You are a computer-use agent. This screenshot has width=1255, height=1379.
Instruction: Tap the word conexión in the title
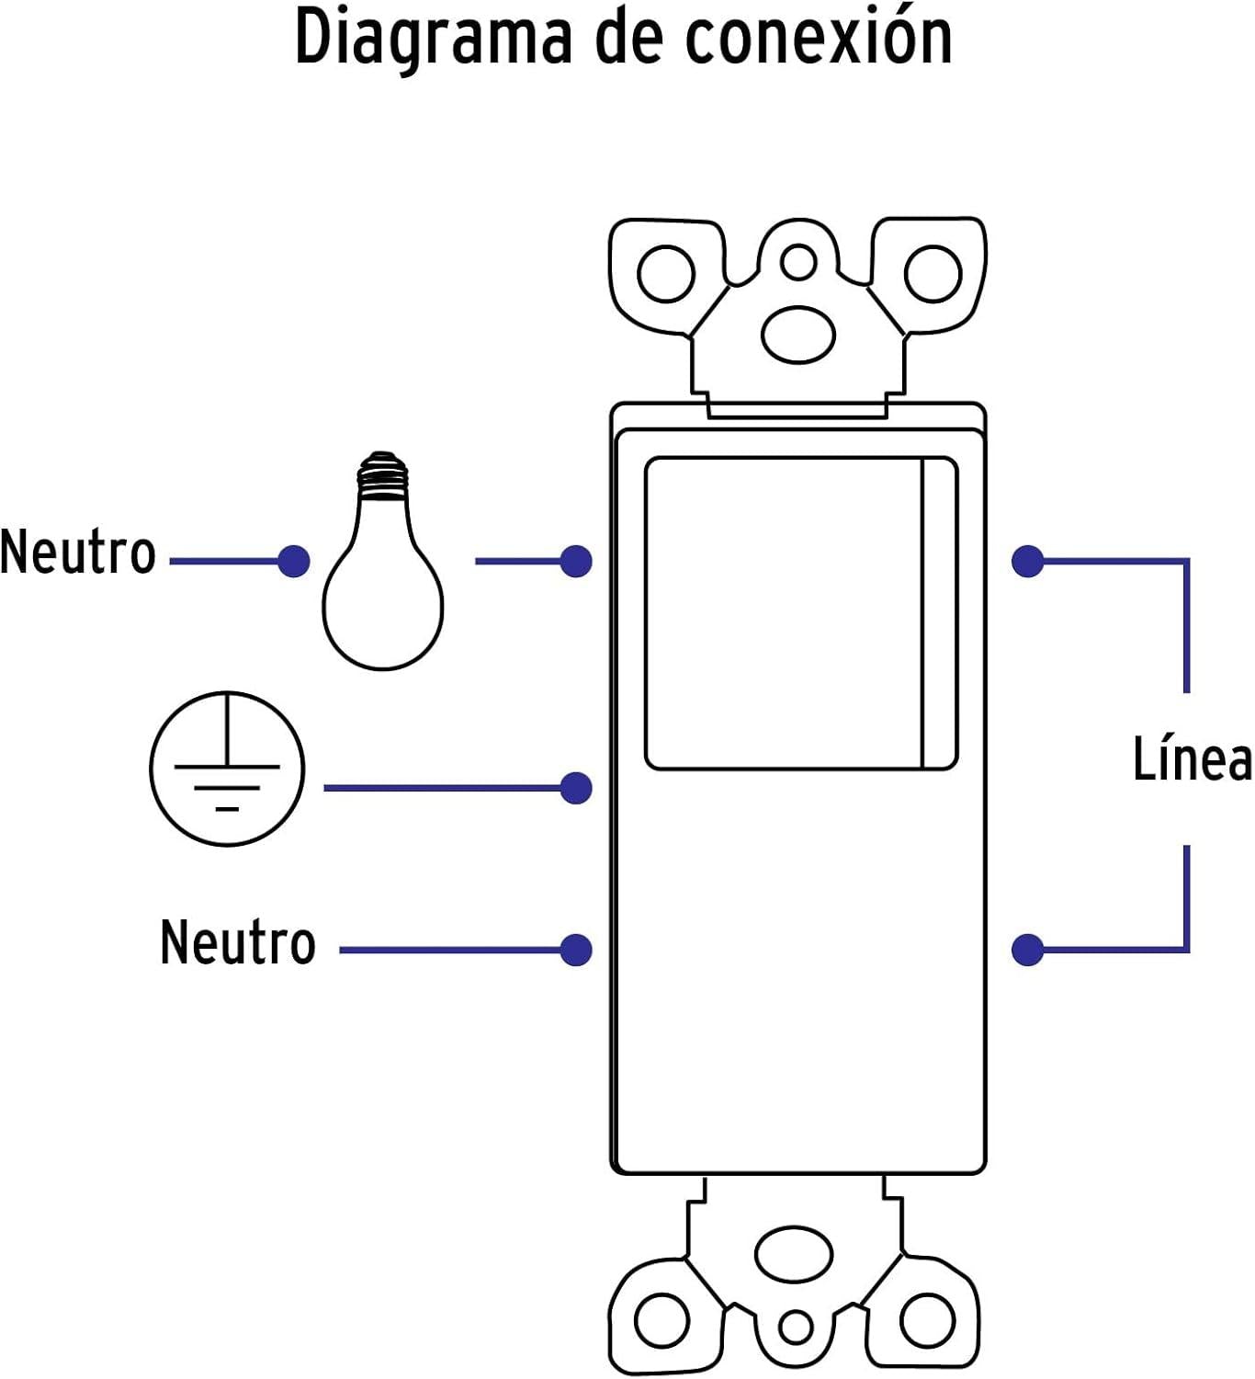(819, 39)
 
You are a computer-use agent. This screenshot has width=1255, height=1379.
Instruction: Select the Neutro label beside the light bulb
(78, 553)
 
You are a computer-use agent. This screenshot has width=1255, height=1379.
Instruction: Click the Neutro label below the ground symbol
(238, 942)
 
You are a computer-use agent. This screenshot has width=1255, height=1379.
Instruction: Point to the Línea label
(1192, 760)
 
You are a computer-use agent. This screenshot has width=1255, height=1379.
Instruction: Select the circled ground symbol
(227, 769)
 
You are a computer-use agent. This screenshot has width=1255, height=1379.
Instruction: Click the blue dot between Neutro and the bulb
(293, 561)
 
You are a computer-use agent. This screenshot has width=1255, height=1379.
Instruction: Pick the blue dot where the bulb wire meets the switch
(575, 561)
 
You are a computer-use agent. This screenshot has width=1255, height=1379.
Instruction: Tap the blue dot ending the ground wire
(575, 788)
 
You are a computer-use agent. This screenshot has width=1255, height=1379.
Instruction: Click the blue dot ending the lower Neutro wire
(575, 950)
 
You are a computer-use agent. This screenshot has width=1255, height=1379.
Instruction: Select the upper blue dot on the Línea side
(1027, 561)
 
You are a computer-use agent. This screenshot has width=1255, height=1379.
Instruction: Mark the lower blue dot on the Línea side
(1027, 950)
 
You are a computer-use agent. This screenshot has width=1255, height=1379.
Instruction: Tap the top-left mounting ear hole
(665, 275)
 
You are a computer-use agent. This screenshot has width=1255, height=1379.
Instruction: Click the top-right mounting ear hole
(933, 275)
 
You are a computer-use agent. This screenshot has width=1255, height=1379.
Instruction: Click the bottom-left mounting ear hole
(661, 1320)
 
